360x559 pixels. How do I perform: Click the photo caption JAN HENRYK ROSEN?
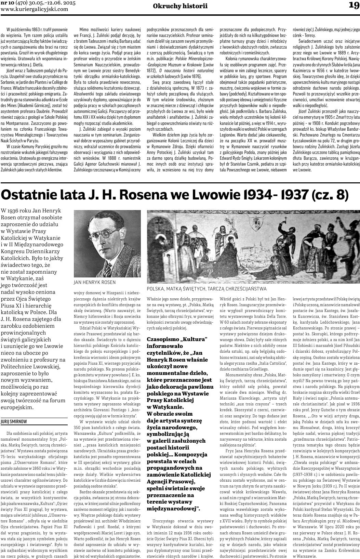pyautogui.click(x=95, y=282)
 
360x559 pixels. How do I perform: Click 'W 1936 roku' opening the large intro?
pyautogui.click(x=16, y=210)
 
